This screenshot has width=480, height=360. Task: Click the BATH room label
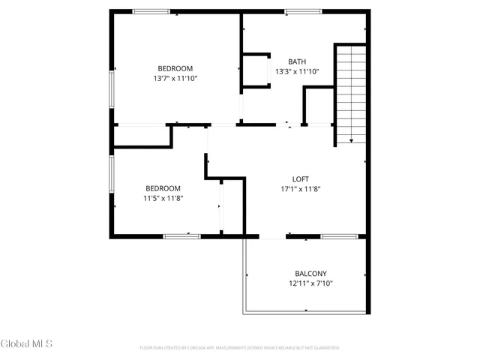tap(297, 61)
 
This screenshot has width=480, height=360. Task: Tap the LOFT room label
tap(300, 178)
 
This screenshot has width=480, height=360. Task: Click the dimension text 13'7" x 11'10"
tap(175, 77)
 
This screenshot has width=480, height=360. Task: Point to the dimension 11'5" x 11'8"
tap(163, 198)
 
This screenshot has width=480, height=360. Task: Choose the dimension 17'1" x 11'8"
tap(300, 189)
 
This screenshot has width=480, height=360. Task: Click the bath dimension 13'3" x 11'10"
tap(297, 72)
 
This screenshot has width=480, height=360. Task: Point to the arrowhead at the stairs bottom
tap(350, 140)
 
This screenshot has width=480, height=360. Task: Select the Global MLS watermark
tap(26, 343)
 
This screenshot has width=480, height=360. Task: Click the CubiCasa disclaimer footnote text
tap(239, 348)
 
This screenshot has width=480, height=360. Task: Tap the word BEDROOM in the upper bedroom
tap(175, 67)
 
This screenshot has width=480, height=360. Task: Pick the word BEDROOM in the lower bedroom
tap(163, 187)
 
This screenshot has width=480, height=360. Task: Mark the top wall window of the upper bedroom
tap(151, 11)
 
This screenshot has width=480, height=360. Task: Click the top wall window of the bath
tap(303, 11)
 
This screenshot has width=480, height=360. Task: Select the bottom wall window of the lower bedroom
tap(181, 236)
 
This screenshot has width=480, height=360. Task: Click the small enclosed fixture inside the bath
tap(256, 71)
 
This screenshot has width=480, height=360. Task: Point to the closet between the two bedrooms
tap(142, 136)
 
